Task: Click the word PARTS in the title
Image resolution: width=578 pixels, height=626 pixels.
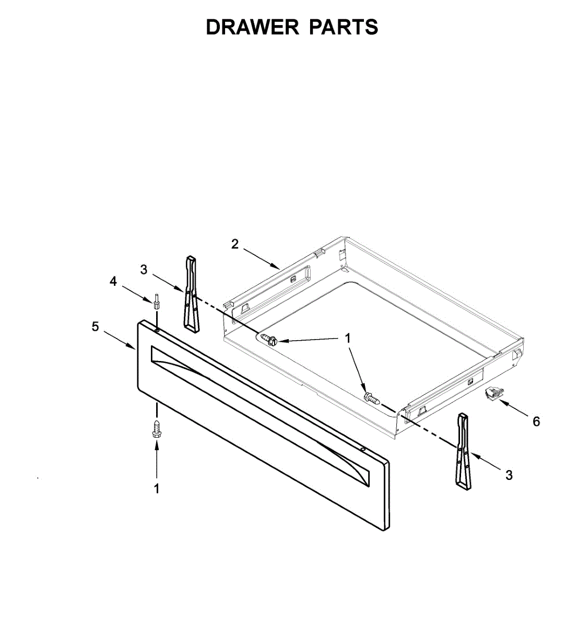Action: click(x=344, y=27)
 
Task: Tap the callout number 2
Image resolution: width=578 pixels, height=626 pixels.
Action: click(x=235, y=244)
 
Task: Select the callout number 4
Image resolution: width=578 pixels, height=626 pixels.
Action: click(x=113, y=281)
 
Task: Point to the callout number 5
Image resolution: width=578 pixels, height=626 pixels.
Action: click(x=95, y=327)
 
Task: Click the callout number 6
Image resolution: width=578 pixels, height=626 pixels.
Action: click(x=536, y=421)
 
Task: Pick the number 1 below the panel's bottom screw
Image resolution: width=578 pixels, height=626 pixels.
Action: click(x=156, y=489)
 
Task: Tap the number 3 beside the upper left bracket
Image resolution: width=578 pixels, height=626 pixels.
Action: click(x=144, y=270)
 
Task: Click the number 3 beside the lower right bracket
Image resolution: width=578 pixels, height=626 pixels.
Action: click(x=509, y=475)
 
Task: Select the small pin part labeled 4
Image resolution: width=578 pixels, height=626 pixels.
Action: click(x=156, y=302)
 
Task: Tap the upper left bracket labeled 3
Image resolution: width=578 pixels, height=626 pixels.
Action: click(x=191, y=293)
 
